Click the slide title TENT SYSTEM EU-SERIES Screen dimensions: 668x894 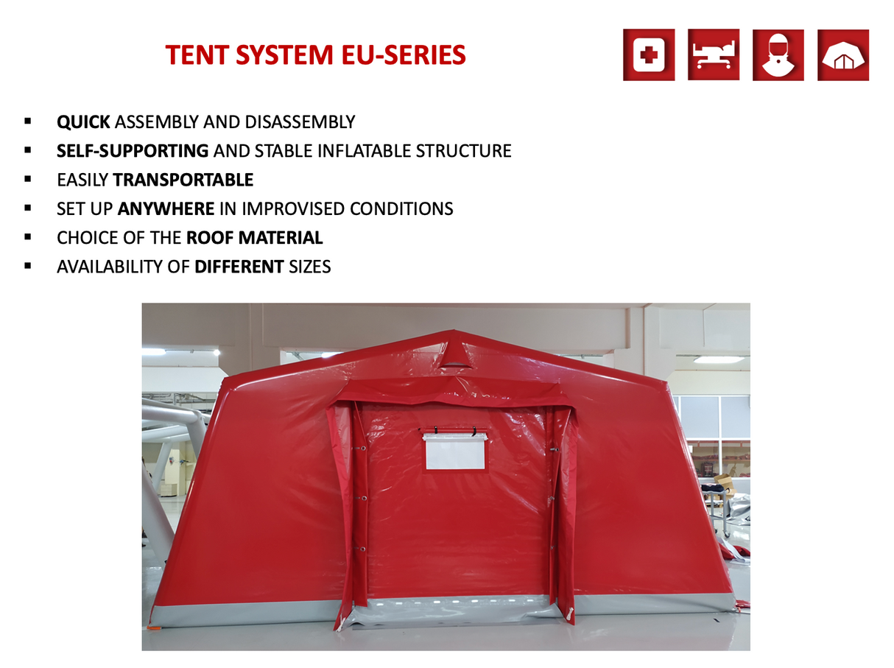[315, 55]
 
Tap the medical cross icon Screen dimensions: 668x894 [648, 55]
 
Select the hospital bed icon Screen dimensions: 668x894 [713, 55]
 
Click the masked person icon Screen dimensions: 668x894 [778, 55]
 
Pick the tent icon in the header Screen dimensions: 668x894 [842, 55]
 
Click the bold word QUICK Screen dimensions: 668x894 [83, 122]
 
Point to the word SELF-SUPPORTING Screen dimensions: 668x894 [133, 151]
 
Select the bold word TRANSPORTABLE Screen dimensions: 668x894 [183, 180]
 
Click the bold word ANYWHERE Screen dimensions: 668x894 [166, 208]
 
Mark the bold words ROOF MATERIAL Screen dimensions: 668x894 [254, 238]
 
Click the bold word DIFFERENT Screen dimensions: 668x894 [239, 267]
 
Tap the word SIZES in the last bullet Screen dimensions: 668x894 [309, 267]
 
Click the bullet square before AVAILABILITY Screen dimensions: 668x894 [28, 266]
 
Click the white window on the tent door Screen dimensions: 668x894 [454, 451]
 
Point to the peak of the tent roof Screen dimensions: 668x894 [454, 334]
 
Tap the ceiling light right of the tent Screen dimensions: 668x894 [718, 359]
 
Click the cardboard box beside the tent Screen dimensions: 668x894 [724, 484]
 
